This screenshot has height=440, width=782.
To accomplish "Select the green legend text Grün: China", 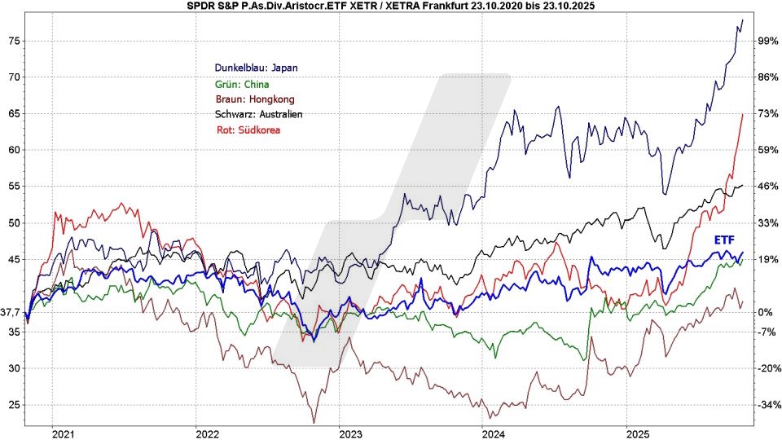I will point(241,83).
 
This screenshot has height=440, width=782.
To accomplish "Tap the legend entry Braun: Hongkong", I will point(254,99).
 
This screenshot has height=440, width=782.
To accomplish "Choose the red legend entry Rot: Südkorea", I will point(248,129).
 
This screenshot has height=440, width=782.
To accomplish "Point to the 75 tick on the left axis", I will point(13,41).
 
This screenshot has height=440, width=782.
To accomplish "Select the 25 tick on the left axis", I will point(13,405).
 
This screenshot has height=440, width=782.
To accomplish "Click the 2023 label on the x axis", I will point(350,432).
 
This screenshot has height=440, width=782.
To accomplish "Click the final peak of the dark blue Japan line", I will point(743,19).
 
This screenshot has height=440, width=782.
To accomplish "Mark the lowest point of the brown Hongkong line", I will point(314,422).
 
